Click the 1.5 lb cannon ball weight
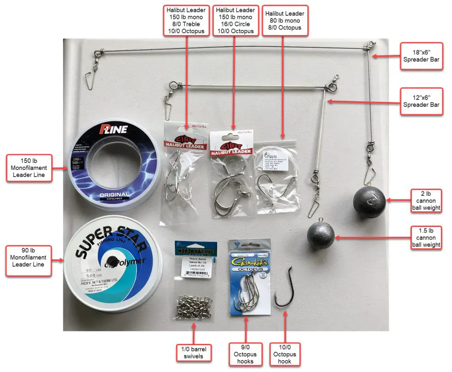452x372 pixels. pyautogui.click(x=321, y=235)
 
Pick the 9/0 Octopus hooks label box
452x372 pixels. pyautogui.click(x=245, y=354)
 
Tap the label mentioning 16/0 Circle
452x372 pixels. pyautogui.click(x=235, y=21)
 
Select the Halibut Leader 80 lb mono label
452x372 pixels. pyautogui.click(x=285, y=21)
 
